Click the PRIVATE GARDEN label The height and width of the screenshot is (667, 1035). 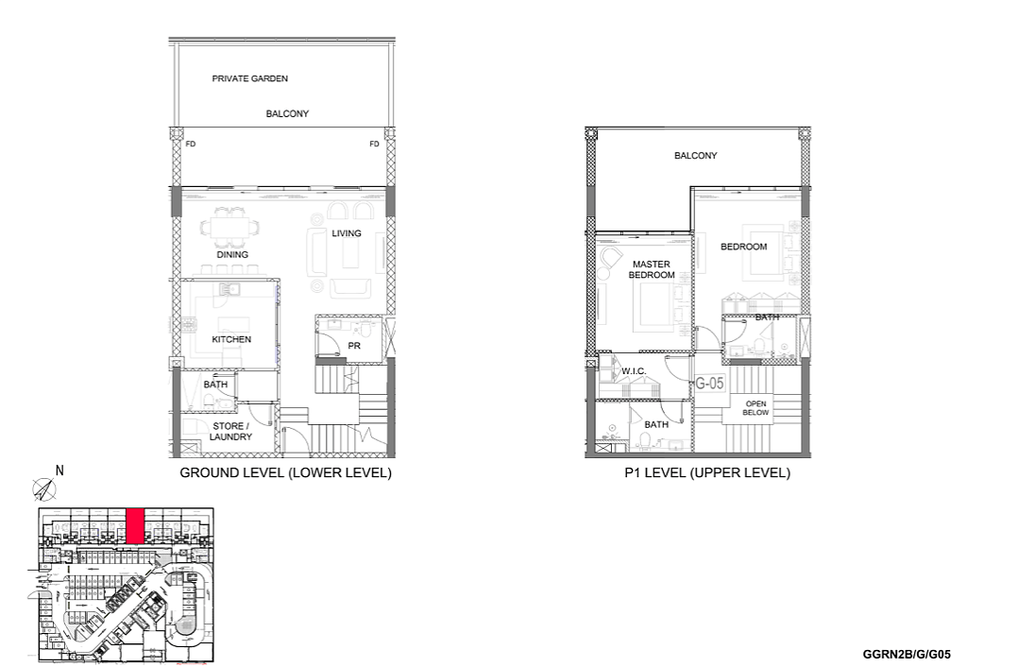pyautogui.click(x=249, y=78)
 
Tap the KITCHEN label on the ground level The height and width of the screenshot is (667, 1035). pyautogui.click(x=231, y=339)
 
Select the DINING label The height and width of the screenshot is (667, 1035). pyautogui.click(x=232, y=255)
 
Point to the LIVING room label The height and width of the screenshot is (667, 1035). pyautogui.click(x=347, y=233)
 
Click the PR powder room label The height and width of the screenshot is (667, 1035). pyautogui.click(x=354, y=346)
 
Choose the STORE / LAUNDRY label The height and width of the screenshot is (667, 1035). pyautogui.click(x=230, y=431)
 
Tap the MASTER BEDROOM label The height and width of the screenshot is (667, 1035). pyautogui.click(x=652, y=269)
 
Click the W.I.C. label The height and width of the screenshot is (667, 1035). pyautogui.click(x=634, y=371)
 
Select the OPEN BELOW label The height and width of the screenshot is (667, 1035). pyautogui.click(x=755, y=408)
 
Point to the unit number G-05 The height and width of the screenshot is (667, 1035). pyautogui.click(x=709, y=383)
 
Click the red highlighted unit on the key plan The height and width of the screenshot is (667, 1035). pyautogui.click(x=135, y=526)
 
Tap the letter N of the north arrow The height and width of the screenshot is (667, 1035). pyautogui.click(x=59, y=470)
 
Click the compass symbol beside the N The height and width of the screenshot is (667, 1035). pyautogui.click(x=44, y=489)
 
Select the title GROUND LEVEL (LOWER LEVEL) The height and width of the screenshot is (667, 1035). pyautogui.click(x=286, y=472)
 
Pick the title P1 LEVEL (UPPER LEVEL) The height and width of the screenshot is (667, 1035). pyautogui.click(x=707, y=472)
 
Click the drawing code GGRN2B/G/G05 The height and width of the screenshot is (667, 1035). pyautogui.click(x=907, y=655)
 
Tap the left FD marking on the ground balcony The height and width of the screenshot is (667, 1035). pyautogui.click(x=190, y=144)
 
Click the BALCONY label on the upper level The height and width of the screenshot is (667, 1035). pyautogui.click(x=695, y=156)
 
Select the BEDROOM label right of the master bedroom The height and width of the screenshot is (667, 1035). pyautogui.click(x=743, y=247)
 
